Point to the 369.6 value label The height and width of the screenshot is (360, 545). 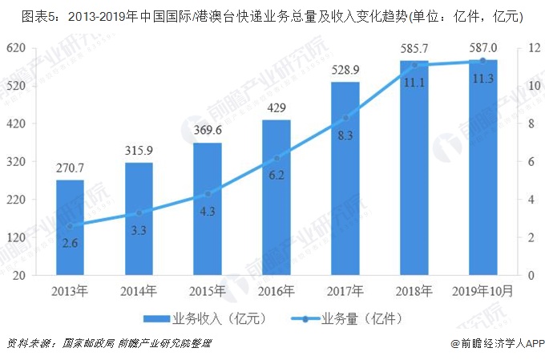tap(208, 131)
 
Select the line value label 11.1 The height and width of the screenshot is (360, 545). tap(414, 82)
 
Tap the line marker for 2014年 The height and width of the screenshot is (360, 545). tap(139, 212)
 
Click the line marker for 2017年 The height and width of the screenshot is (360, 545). tap(345, 118)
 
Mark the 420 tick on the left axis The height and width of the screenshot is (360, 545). tap(28, 123)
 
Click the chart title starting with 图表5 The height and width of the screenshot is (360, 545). tap(272, 14)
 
